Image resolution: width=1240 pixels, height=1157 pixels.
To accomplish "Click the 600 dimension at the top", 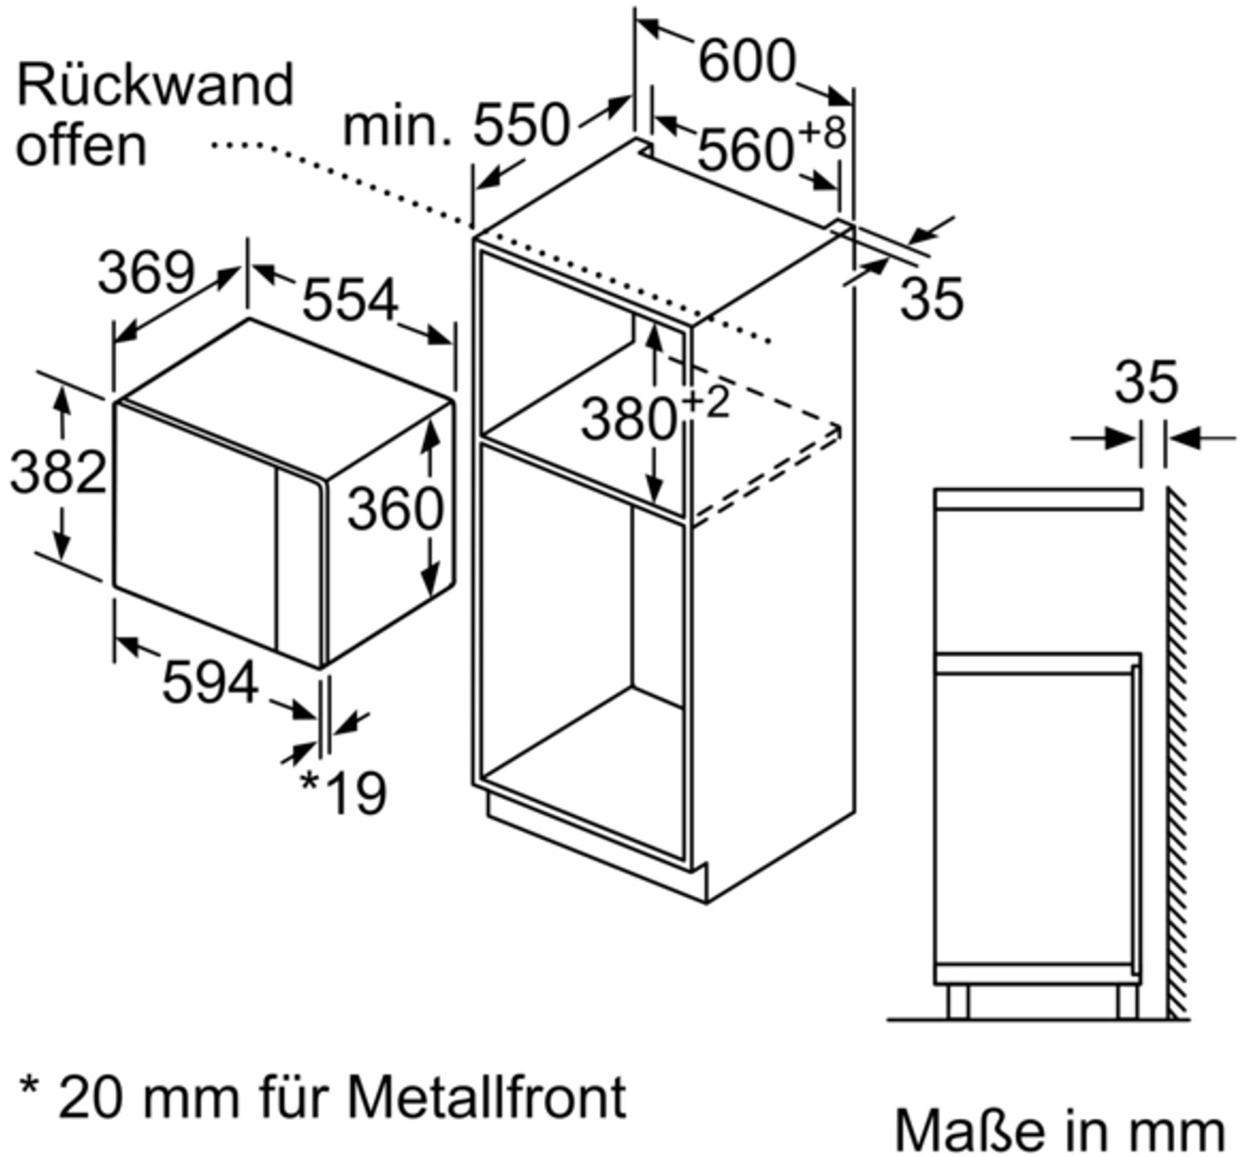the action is [x=746, y=61].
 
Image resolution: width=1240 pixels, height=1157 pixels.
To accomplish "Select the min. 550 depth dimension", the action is [x=457, y=126].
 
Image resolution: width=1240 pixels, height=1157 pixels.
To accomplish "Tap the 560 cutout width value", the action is [x=745, y=150].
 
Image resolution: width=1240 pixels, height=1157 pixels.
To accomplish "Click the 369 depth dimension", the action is [x=146, y=274].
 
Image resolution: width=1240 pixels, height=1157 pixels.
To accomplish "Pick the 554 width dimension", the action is [x=351, y=300].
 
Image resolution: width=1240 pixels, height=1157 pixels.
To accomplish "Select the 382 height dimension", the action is [x=58, y=473].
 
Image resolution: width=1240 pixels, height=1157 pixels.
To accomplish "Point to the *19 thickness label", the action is [x=343, y=793].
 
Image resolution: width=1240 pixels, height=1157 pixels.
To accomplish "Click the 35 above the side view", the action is [x=1147, y=382].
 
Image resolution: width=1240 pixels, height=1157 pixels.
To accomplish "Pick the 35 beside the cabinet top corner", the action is [x=932, y=299].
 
